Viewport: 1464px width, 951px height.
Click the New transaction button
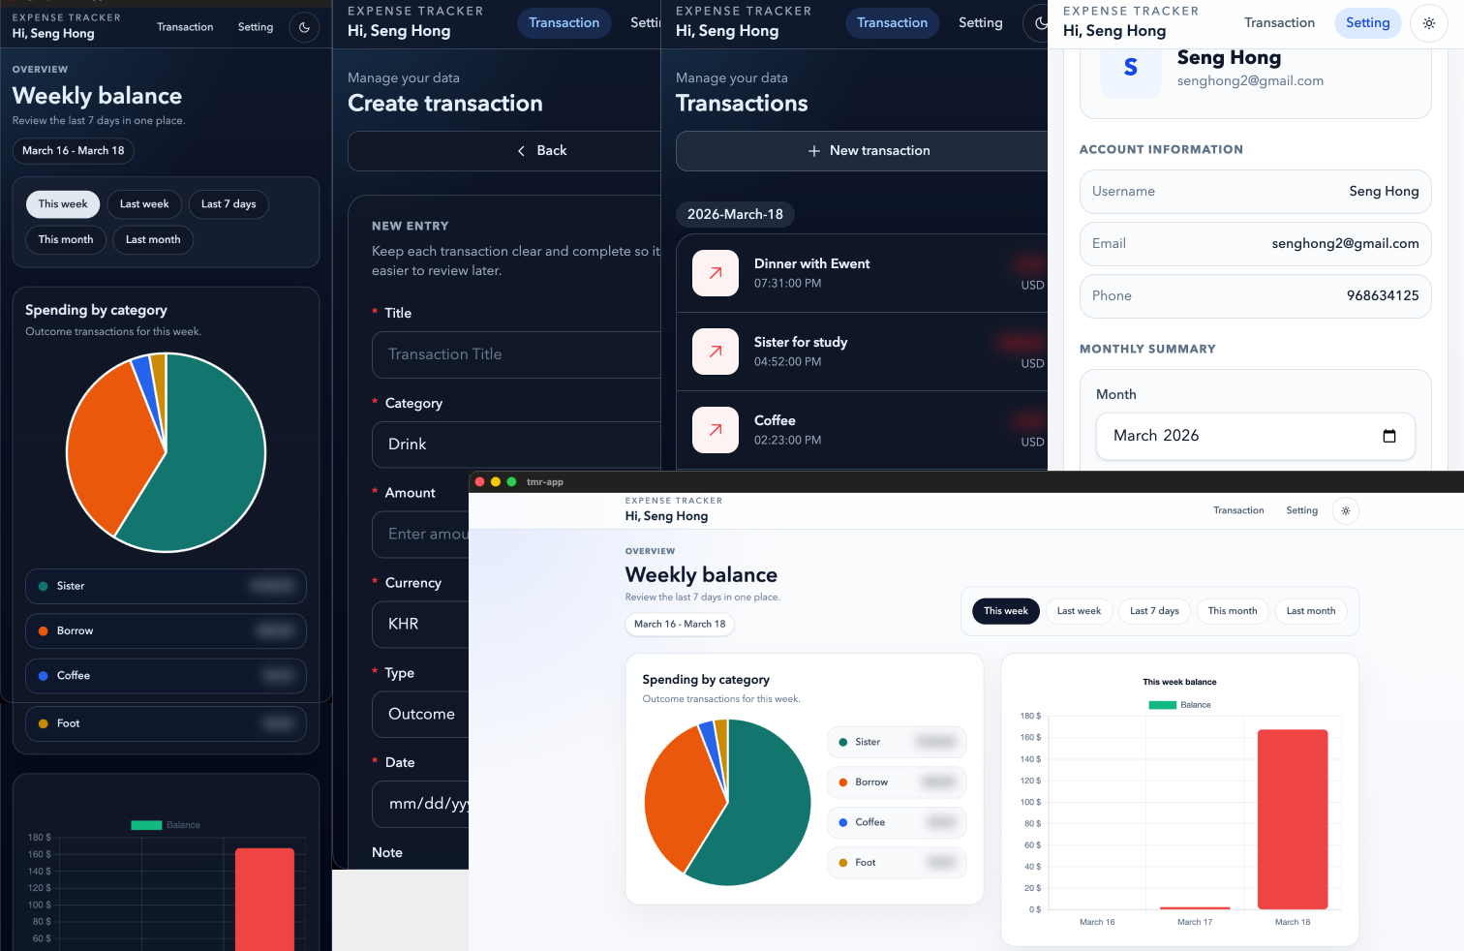[869, 151]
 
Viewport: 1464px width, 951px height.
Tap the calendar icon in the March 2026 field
[1388, 436]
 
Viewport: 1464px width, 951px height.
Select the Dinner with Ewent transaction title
[811, 263]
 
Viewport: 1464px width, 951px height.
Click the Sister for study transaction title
[800, 342]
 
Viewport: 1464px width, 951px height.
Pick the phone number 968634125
[1382, 296]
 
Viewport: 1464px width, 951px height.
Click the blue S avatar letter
[1130, 68]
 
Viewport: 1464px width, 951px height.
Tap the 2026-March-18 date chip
[735, 214]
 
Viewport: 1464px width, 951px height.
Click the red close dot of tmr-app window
[479, 481]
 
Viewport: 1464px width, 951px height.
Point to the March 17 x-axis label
[1195, 922]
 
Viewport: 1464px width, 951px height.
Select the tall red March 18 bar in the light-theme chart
[1292, 818]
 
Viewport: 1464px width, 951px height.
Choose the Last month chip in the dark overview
[153, 240]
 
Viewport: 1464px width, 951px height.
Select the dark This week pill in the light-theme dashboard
[1005, 611]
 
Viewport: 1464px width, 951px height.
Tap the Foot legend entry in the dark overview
[68, 723]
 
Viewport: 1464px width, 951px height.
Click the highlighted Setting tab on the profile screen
[1367, 23]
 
